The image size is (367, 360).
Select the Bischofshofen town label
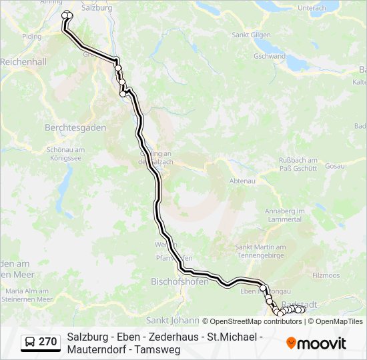point(179,281)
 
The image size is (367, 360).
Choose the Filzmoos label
point(326,275)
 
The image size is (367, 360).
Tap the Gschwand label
point(270,57)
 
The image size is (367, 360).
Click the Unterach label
point(312,8)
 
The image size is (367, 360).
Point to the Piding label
point(31,37)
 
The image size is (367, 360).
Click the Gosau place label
point(335,165)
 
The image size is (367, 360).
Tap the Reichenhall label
point(23,61)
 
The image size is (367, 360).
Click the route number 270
point(47,342)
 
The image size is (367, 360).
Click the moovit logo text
point(322,343)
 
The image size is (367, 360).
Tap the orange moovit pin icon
point(291,343)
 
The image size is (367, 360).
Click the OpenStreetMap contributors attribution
point(252,321)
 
